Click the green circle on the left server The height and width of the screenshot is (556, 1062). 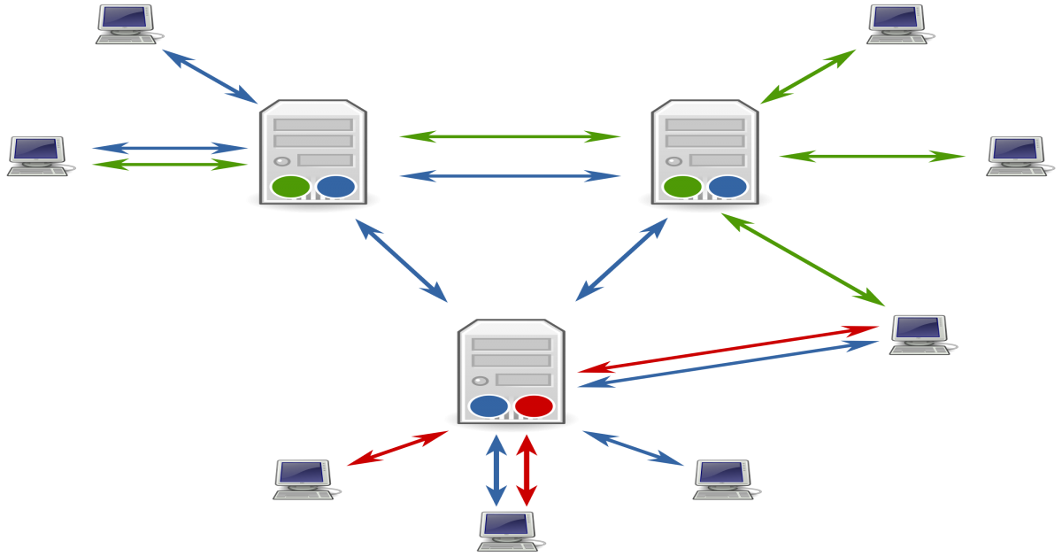(290, 187)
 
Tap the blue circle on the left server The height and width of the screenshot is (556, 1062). (335, 187)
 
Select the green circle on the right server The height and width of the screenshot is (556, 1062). (682, 187)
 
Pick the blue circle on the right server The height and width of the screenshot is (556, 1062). (727, 187)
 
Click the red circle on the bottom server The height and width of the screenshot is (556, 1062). (534, 406)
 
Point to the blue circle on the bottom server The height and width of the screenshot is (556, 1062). (489, 406)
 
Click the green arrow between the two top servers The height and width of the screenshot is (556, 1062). (510, 136)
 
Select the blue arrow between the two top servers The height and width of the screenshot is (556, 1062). (510, 176)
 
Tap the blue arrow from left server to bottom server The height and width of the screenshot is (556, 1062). (401, 260)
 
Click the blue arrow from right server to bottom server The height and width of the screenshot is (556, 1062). (621, 260)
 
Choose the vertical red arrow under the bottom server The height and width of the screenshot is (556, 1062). (527, 469)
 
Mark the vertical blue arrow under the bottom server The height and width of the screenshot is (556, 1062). (496, 469)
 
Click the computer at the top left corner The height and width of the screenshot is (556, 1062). (127, 24)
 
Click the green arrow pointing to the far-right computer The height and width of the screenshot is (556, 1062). (872, 157)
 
